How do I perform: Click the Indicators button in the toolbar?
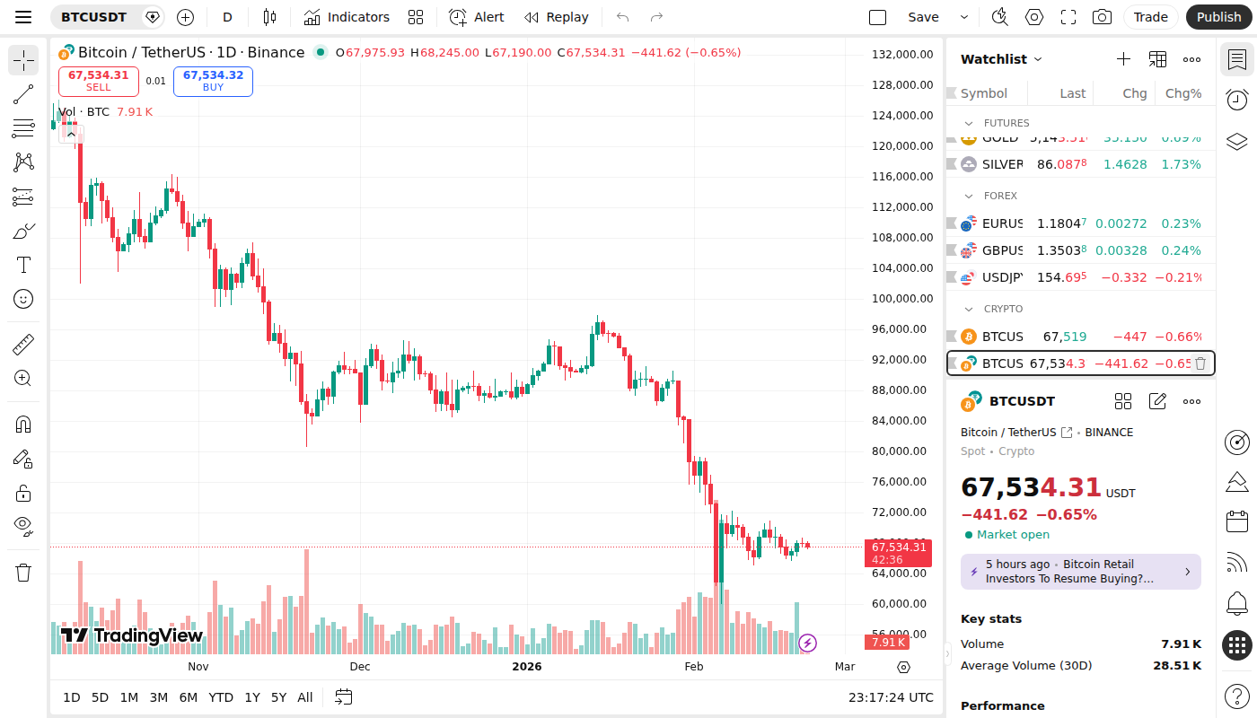[x=347, y=17]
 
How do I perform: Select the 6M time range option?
[x=189, y=697]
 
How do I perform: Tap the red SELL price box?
[x=99, y=81]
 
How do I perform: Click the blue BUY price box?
[x=213, y=81]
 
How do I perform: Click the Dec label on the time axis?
[x=360, y=667]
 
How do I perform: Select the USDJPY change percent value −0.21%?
[x=1178, y=277]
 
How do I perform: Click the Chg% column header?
[x=1183, y=93]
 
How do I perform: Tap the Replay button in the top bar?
[x=557, y=17]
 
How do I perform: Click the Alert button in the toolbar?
[x=477, y=17]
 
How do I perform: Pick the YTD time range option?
[x=221, y=697]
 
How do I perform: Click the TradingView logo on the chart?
[x=132, y=635]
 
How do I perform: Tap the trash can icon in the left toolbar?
[x=23, y=573]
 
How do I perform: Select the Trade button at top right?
[x=1150, y=17]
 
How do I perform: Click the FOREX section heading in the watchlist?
[x=1000, y=196]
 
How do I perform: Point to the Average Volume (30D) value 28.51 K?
[x=1177, y=666]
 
